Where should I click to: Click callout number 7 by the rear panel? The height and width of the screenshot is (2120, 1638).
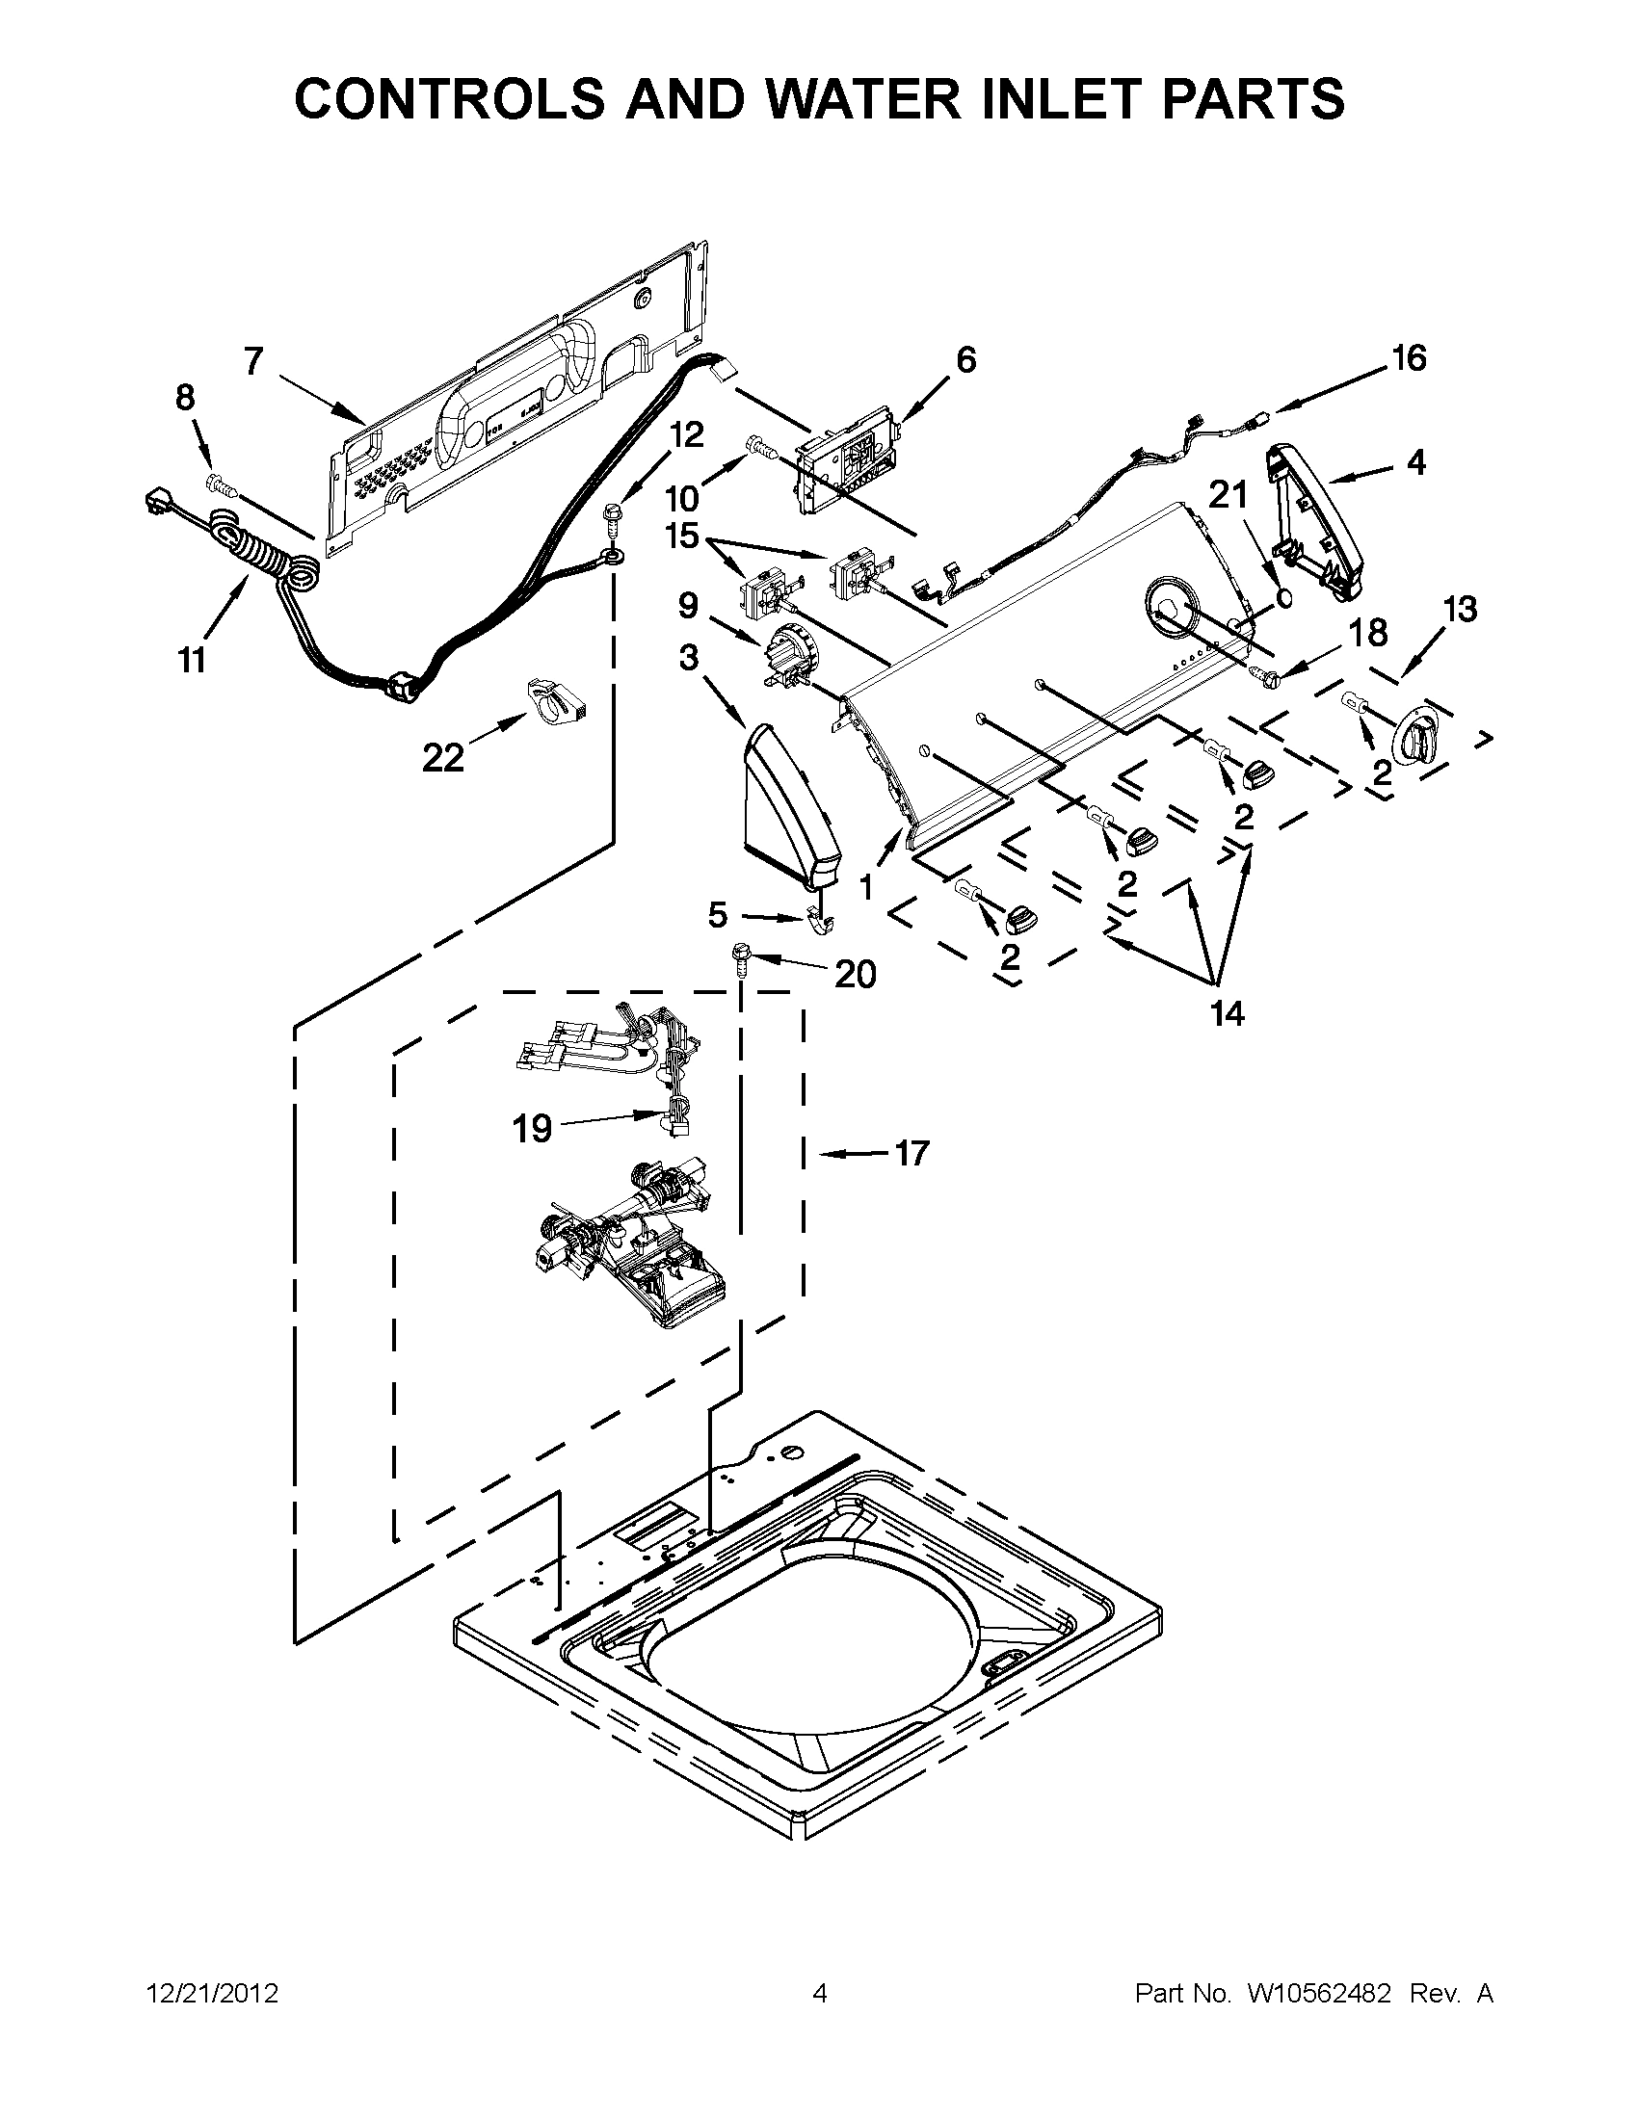[253, 361]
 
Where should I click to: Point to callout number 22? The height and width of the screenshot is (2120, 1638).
[443, 758]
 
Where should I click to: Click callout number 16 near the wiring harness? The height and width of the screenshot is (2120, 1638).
[1409, 358]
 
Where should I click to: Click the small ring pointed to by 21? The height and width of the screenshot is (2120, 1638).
[1282, 599]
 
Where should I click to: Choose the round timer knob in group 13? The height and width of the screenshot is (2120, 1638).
[1417, 743]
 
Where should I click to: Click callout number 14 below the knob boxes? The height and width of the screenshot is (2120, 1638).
[1227, 1013]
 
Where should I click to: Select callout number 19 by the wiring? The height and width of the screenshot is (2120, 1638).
[532, 1128]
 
